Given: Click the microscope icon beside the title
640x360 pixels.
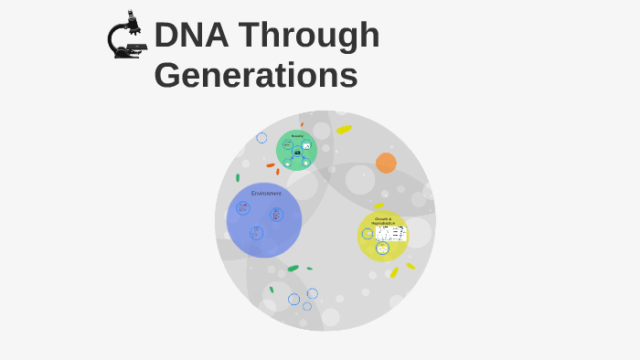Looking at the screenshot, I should [126, 37].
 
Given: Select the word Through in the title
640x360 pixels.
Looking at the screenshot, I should [314, 36].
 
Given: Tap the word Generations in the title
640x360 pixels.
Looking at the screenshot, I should [256, 75].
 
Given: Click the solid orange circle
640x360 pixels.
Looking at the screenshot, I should [386, 163].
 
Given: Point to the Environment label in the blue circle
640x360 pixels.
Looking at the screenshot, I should [266, 194].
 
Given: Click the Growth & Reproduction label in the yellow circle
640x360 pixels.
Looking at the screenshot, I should [382, 220].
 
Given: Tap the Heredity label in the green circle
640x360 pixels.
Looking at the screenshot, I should [297, 136].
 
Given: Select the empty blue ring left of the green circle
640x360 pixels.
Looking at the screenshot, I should [261, 138].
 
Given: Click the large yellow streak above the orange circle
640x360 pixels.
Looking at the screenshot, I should [344, 129].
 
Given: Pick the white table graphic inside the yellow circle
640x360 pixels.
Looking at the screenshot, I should [391, 233].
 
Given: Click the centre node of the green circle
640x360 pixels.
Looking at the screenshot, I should [297, 154].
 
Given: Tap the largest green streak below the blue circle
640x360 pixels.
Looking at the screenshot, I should [293, 268].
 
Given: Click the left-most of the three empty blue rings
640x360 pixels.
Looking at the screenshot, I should [293, 299].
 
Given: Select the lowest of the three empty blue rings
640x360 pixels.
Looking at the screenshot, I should [307, 307].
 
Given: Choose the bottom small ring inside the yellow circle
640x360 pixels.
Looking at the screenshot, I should [382, 249].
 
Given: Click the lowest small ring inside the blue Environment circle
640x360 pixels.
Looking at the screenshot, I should [256, 233].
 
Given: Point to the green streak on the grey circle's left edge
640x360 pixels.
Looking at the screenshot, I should [238, 177].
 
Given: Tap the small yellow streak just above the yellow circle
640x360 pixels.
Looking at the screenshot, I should [379, 206].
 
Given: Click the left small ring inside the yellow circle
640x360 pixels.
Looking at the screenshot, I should [368, 234].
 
